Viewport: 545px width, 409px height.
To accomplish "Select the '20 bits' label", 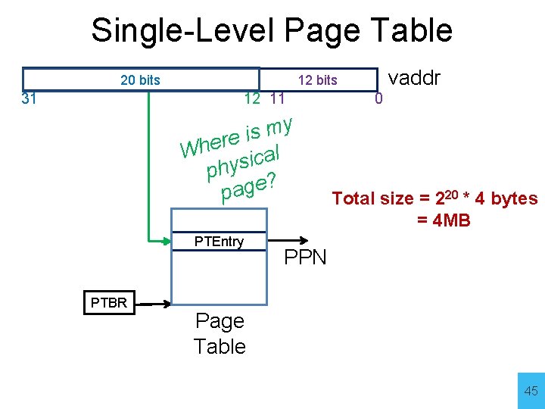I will point(140,80).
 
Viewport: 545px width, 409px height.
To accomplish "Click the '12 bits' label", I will point(317,80).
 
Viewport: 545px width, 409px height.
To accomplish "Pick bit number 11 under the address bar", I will point(277,98).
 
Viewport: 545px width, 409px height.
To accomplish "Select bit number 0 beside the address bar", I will point(380,98).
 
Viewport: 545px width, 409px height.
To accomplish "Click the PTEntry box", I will point(219,242).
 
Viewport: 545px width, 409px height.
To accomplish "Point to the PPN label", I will point(305,258).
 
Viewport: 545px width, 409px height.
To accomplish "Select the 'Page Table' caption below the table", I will point(220,333).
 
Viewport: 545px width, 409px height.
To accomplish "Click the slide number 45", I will point(531,391).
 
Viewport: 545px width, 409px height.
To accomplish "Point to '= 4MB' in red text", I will point(443,220).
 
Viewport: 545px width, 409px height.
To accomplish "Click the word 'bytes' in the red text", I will point(514,198).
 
